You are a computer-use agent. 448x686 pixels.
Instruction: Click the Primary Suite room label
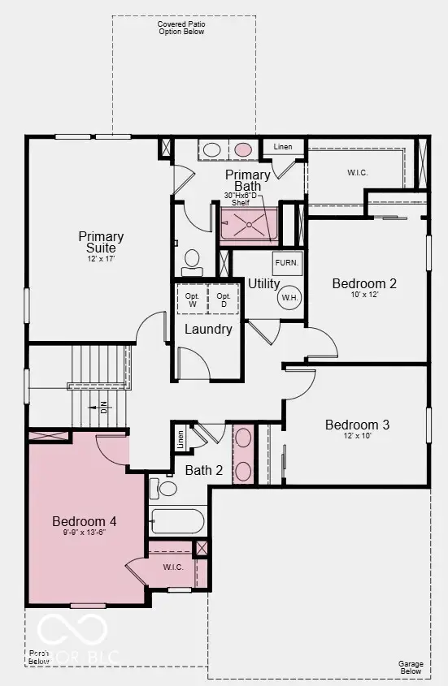click(102, 241)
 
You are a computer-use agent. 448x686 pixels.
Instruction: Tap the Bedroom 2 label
click(364, 283)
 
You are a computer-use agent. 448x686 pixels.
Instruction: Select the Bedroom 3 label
click(357, 425)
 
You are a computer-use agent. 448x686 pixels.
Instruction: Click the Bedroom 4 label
click(85, 520)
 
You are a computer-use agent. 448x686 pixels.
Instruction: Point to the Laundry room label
click(208, 329)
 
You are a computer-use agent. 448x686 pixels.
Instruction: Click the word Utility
click(264, 283)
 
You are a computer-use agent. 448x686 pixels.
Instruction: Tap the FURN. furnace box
click(287, 262)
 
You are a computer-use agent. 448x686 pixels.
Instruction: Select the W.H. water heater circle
click(290, 297)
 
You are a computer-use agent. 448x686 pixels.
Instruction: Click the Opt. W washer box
click(193, 300)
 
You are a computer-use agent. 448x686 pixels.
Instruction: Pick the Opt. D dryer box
click(224, 300)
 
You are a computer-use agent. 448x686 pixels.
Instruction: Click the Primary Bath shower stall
click(248, 226)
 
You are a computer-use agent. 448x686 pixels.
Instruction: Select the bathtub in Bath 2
click(178, 520)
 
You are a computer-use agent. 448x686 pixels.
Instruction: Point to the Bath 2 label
click(203, 469)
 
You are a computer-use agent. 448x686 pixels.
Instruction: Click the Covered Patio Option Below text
click(181, 28)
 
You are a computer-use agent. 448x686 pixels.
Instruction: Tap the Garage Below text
click(410, 667)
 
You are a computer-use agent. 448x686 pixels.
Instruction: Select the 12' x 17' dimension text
click(102, 258)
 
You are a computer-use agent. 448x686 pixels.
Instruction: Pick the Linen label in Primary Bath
click(283, 147)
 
